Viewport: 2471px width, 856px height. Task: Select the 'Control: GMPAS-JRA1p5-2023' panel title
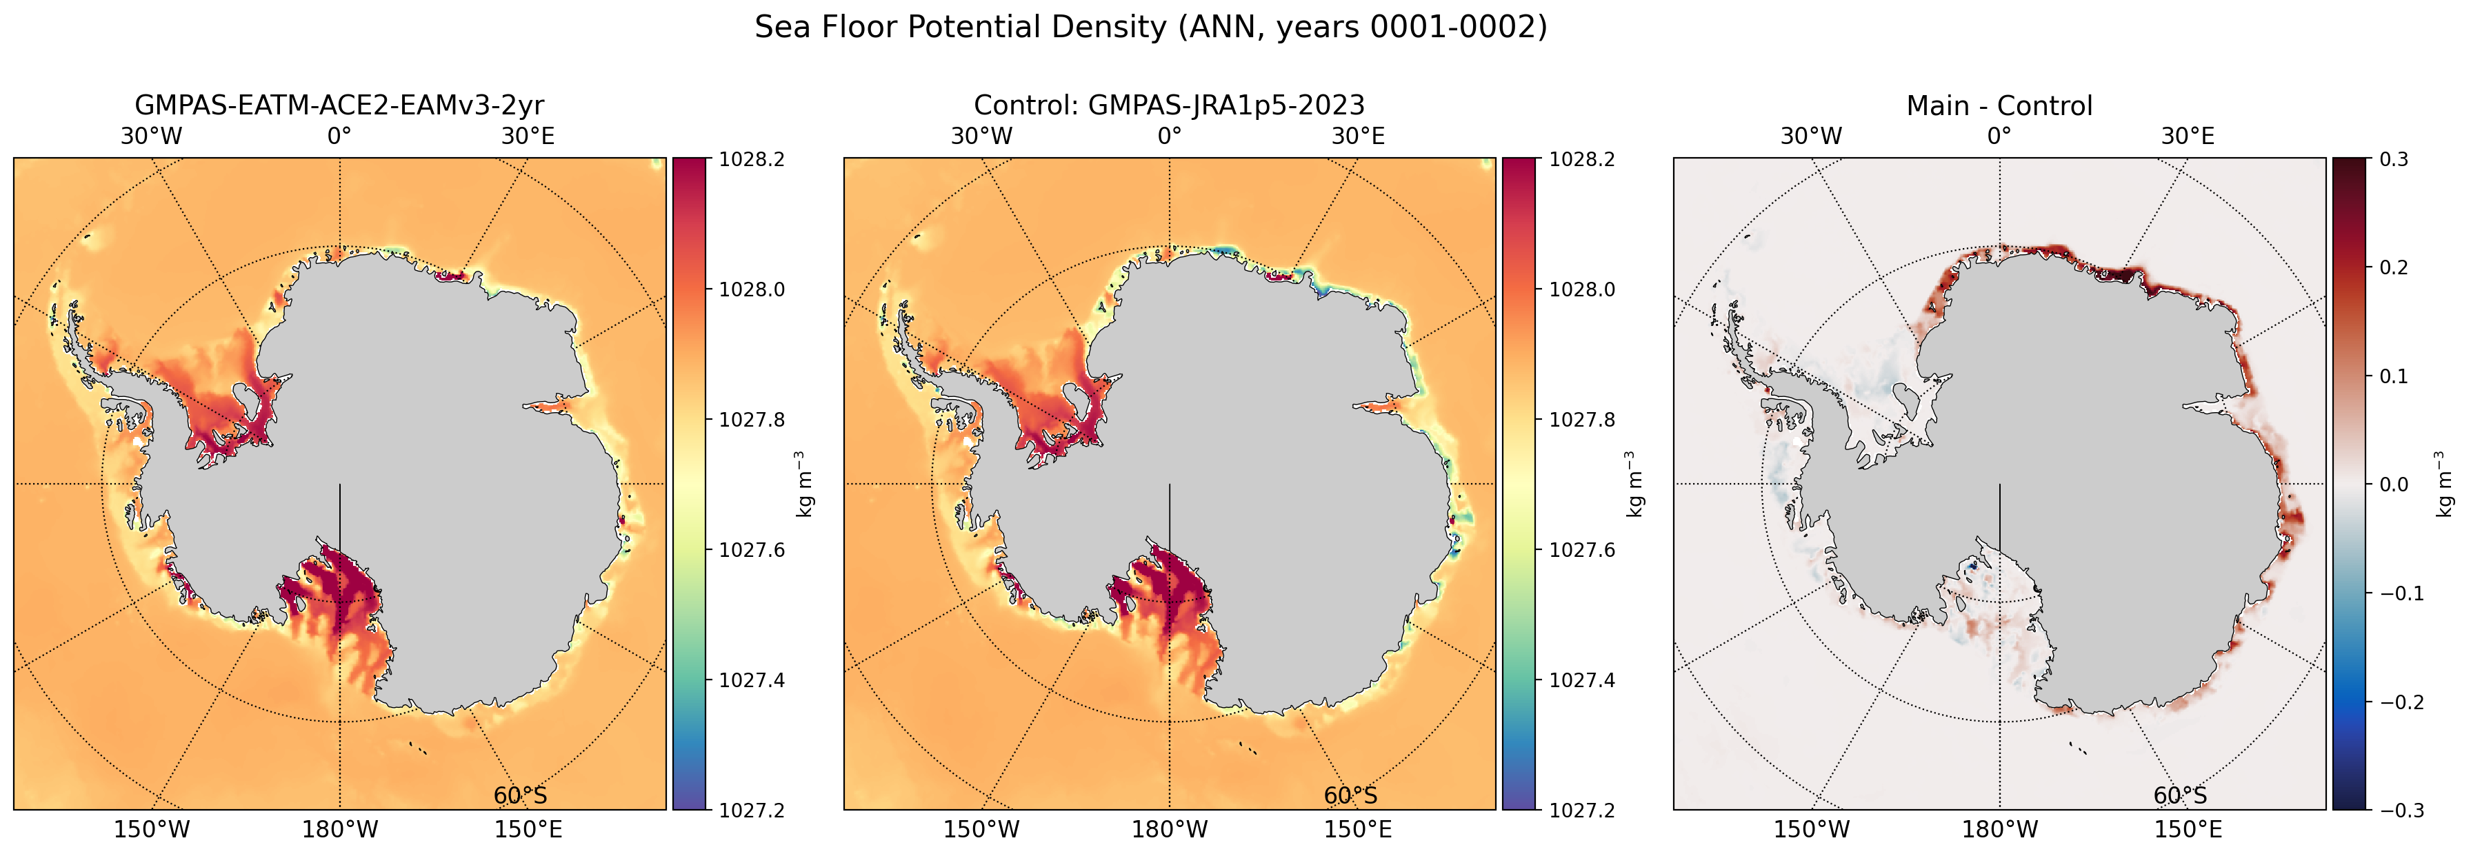click(x=1170, y=105)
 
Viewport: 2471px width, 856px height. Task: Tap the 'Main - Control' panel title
click(x=1999, y=105)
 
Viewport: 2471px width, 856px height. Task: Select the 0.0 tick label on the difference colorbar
click(x=2394, y=484)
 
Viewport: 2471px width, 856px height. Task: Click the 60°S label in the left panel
click(x=520, y=795)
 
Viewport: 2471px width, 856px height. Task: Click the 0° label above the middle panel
click(x=1170, y=136)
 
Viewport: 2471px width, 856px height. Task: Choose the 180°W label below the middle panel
click(x=1170, y=829)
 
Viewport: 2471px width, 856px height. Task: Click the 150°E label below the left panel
click(x=528, y=829)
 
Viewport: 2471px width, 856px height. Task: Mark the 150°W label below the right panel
click(x=1811, y=829)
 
